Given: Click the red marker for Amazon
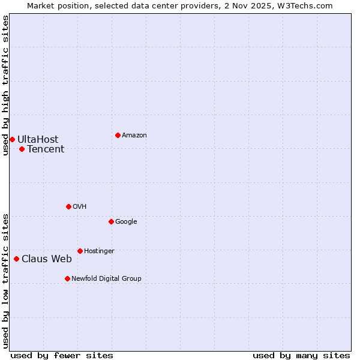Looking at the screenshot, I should click(x=118, y=135).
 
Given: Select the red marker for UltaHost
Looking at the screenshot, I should click(x=12, y=139).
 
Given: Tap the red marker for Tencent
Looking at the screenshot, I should click(x=22, y=149).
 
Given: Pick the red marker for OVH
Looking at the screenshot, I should click(x=68, y=206).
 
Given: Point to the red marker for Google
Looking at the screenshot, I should click(x=111, y=221).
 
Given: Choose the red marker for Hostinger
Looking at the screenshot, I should click(x=80, y=251).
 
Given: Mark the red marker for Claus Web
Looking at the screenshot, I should click(x=16, y=259).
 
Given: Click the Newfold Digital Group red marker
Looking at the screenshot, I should click(x=67, y=278).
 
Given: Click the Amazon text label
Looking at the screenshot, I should click(x=134, y=136).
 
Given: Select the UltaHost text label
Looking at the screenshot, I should click(x=38, y=140).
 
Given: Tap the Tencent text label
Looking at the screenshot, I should click(x=46, y=149).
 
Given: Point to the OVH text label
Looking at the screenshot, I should click(x=80, y=207).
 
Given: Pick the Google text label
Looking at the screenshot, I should click(x=126, y=222).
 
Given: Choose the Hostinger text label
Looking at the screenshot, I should click(x=99, y=251).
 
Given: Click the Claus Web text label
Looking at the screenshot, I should click(x=47, y=259).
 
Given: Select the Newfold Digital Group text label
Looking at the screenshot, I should click(x=106, y=279).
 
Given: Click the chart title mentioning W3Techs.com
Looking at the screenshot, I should click(x=180, y=5).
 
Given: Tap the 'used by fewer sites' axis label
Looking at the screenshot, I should click(x=62, y=355).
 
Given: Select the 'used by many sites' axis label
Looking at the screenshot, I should click(x=301, y=355).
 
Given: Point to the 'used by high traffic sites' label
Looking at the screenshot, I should click(x=6, y=85).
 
